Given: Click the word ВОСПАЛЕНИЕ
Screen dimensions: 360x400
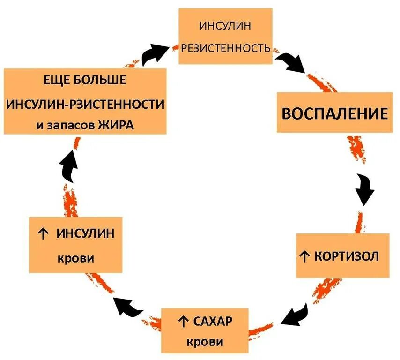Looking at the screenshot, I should point(334,114).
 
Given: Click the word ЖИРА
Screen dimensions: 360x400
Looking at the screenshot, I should point(115,125).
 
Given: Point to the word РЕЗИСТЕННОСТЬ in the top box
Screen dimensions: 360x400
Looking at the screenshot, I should point(225,48).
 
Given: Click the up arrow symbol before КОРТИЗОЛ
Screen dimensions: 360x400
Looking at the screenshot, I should point(304,256).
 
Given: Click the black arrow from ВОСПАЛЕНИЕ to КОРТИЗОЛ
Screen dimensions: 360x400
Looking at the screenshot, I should point(365,188).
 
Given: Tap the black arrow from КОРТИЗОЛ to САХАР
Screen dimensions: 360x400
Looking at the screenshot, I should point(296,314).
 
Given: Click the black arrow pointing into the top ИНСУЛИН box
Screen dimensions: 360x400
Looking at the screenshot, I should point(155,53).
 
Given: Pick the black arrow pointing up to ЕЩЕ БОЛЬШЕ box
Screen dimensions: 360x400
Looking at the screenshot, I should point(69,166).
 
